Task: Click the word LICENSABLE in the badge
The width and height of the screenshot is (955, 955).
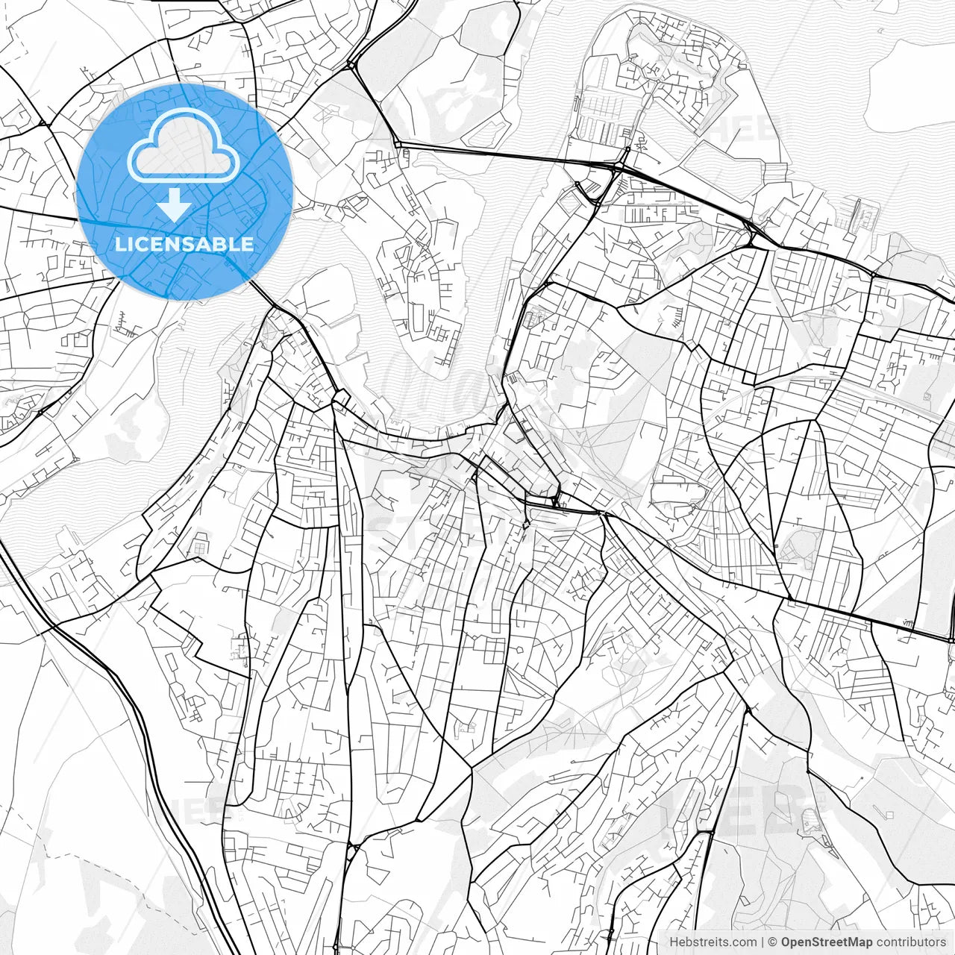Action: (x=184, y=244)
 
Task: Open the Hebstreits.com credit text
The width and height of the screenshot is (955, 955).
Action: (x=713, y=942)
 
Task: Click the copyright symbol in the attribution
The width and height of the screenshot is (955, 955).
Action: (x=774, y=942)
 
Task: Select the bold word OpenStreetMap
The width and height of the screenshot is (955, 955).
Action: (x=827, y=942)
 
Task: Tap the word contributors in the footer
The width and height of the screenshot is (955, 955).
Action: (x=911, y=942)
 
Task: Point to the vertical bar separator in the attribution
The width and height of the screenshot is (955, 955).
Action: (x=763, y=942)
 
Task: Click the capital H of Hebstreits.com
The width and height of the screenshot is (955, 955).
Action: (x=674, y=942)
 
